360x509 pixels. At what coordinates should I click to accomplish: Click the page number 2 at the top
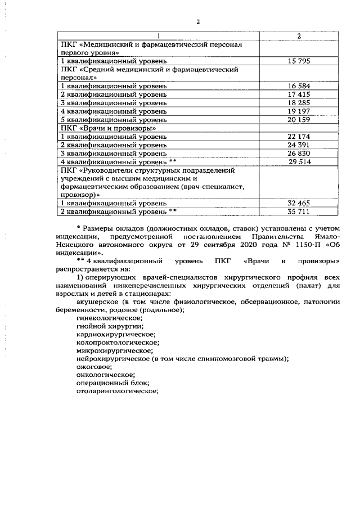coord(198,22)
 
